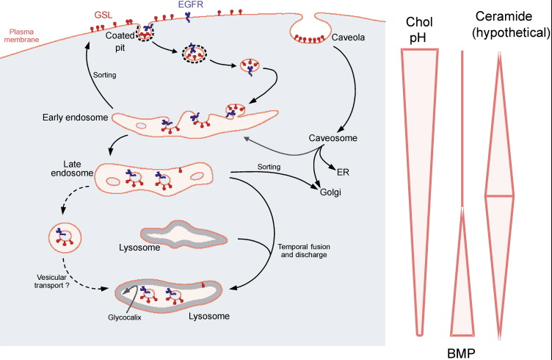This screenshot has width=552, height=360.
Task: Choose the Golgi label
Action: [x=329, y=192]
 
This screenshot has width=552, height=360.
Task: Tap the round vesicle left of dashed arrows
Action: [x=62, y=237]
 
